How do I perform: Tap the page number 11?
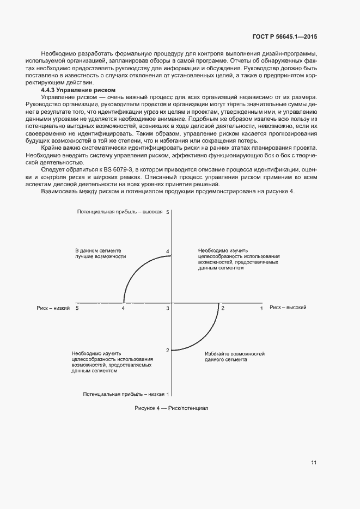[x=314, y=463]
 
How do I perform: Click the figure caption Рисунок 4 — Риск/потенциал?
[x=171, y=408]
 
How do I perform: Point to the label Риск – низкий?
[x=53, y=308]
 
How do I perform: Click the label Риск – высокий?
[x=288, y=308]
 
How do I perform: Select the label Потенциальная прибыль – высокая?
[x=120, y=211]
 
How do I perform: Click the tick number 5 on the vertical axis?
[x=168, y=211]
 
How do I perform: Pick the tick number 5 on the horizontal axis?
[x=77, y=309]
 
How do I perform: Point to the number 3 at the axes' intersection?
[x=168, y=309]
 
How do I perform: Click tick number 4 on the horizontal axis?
[x=123, y=309]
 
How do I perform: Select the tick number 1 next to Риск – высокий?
[x=261, y=309]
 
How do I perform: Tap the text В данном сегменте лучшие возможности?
[x=101, y=253]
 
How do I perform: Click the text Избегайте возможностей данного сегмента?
[x=235, y=357]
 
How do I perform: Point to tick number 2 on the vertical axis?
[x=168, y=350]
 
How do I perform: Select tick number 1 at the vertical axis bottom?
[x=168, y=394]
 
